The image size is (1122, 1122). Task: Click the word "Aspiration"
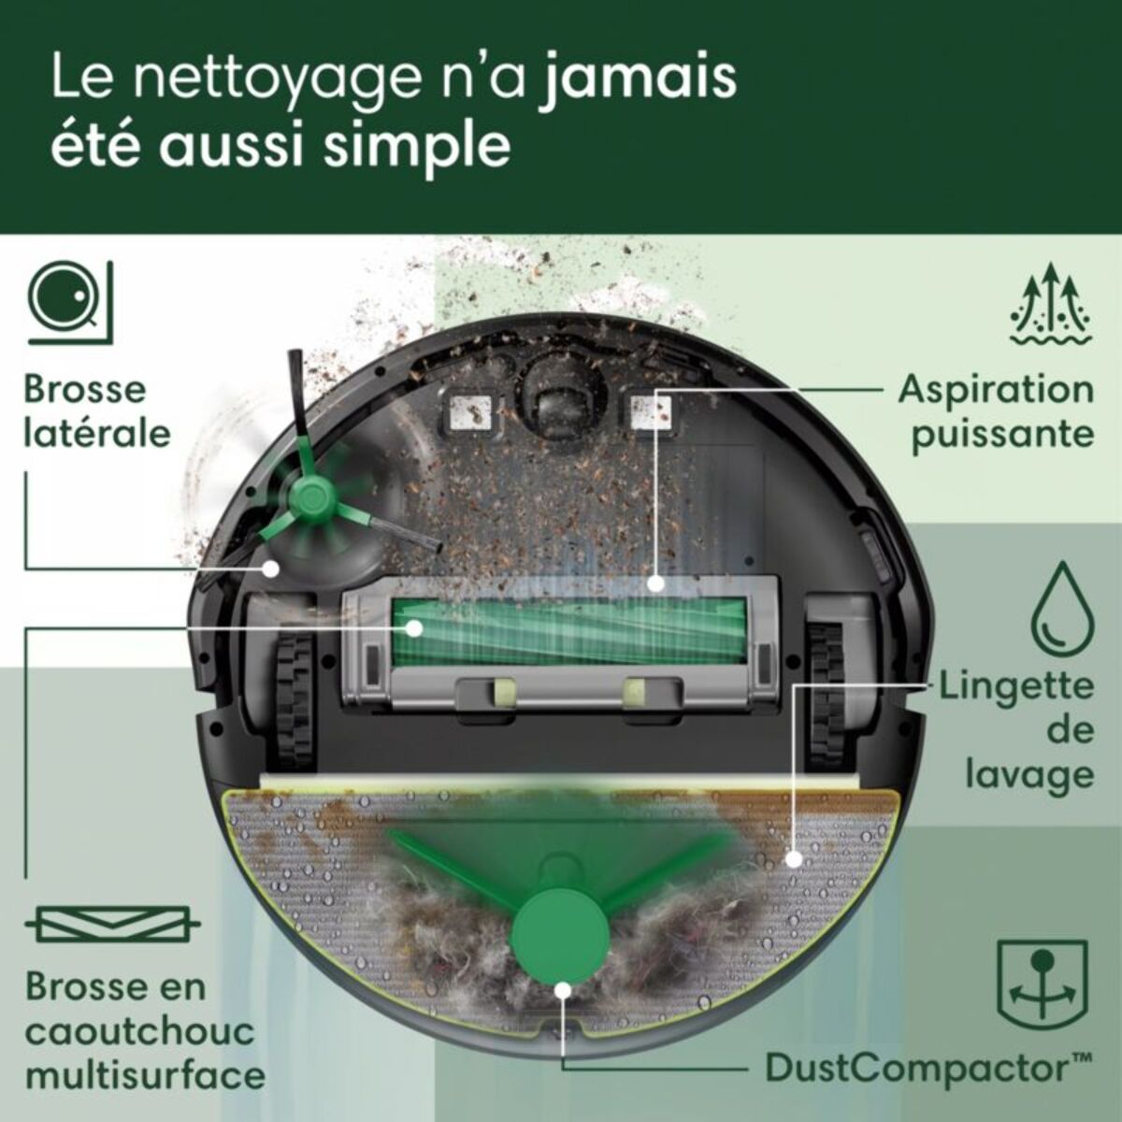[x=996, y=390]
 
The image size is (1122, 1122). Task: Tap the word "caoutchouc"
[x=139, y=1031]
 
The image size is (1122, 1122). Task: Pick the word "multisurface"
[x=145, y=1074]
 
